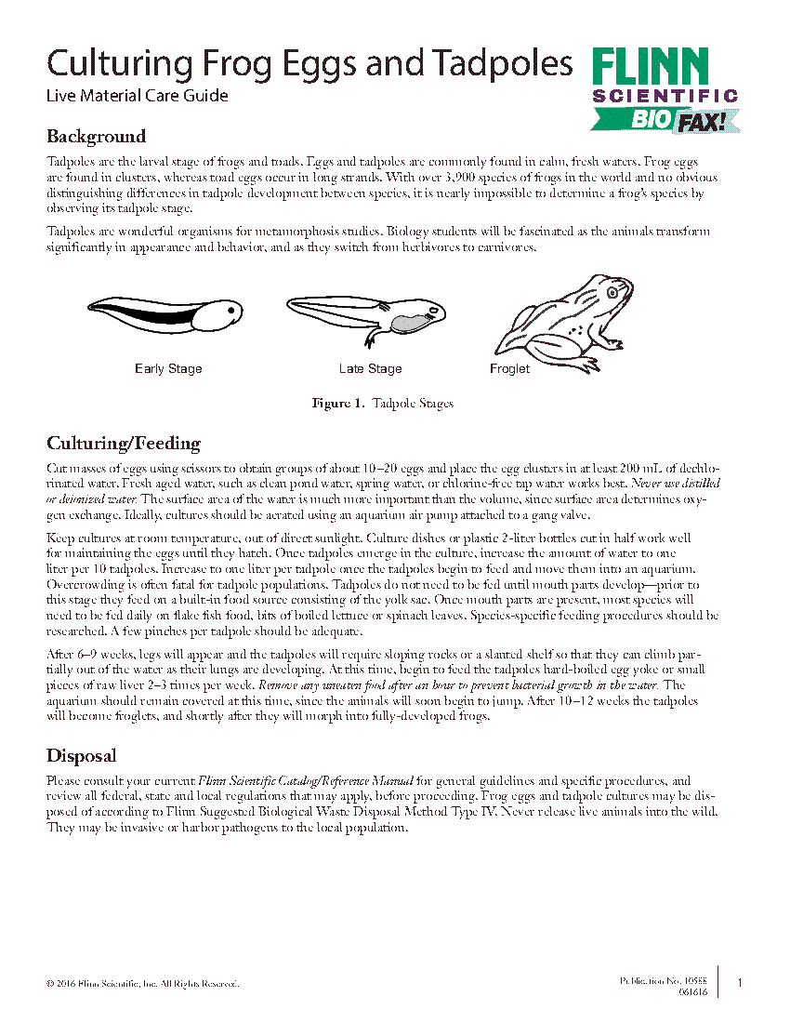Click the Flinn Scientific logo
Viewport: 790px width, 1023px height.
[x=664, y=76]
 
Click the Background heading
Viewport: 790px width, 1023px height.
[x=96, y=137]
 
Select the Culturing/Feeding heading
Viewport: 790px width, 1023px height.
[x=123, y=443]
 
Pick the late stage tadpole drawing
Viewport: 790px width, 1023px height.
[x=367, y=315]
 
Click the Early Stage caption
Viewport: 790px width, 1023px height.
[x=168, y=369]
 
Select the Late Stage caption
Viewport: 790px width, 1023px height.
[x=370, y=369]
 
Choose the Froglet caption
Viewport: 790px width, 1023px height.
[x=509, y=369]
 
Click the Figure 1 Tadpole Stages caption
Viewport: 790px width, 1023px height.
[x=382, y=404]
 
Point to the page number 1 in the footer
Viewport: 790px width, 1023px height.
[x=739, y=983]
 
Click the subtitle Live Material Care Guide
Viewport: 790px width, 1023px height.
[x=137, y=95]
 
